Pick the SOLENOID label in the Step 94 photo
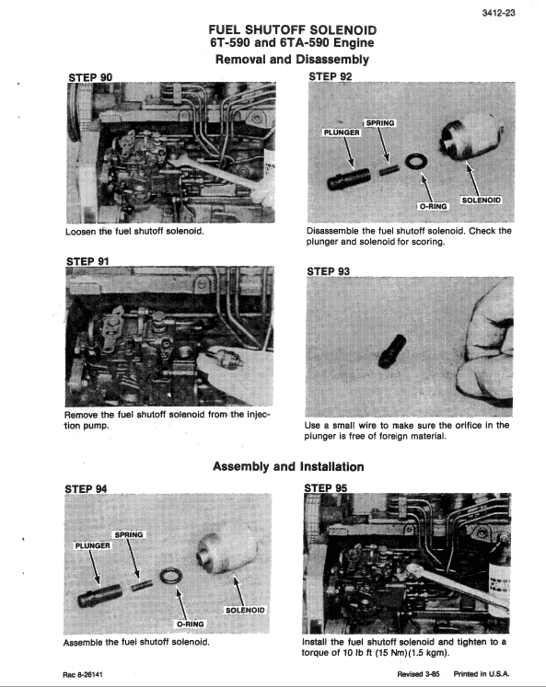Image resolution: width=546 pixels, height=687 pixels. (x=245, y=610)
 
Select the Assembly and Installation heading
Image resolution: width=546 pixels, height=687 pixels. (x=288, y=466)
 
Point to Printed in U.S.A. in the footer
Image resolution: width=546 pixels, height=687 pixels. (x=481, y=674)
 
